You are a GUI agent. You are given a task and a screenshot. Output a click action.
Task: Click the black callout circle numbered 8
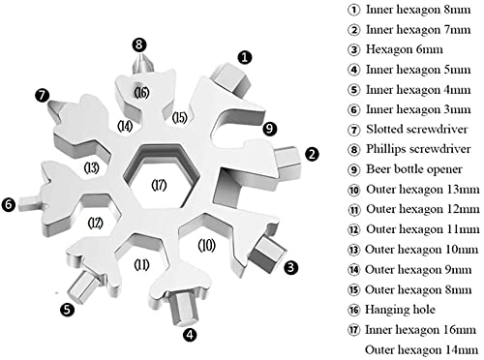click(x=139, y=45)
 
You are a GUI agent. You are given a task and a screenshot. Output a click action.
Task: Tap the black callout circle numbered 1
click(x=245, y=57)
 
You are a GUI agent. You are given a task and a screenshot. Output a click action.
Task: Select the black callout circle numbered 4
click(x=190, y=335)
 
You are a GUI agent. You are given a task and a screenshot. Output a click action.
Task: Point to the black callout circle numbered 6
click(x=9, y=204)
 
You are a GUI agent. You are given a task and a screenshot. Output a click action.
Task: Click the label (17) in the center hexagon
click(x=159, y=185)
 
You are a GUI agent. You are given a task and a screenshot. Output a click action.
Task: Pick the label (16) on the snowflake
click(x=141, y=93)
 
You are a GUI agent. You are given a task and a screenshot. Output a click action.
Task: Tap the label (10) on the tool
click(x=206, y=246)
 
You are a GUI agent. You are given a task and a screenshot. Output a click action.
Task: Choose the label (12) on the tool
click(x=96, y=223)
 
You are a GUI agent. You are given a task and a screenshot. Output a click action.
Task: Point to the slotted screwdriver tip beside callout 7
click(x=55, y=109)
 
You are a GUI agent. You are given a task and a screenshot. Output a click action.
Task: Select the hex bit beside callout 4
click(x=183, y=308)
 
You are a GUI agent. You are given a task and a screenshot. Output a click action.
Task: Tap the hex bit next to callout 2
click(x=288, y=163)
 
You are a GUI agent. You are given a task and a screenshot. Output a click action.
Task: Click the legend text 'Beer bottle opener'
click(x=414, y=169)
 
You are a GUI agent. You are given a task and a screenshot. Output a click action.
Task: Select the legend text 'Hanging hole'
click(x=400, y=310)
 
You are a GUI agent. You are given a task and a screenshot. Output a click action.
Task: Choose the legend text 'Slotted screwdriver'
click(x=416, y=129)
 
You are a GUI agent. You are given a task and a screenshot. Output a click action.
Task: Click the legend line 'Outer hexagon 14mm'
click(x=421, y=349)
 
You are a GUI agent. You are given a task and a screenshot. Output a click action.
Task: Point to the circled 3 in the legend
click(x=353, y=49)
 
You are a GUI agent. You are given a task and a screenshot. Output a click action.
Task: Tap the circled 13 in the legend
click(x=353, y=250)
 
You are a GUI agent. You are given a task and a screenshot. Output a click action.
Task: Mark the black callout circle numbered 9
click(x=270, y=129)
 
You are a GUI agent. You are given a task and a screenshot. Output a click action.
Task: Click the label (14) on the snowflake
click(x=125, y=126)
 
